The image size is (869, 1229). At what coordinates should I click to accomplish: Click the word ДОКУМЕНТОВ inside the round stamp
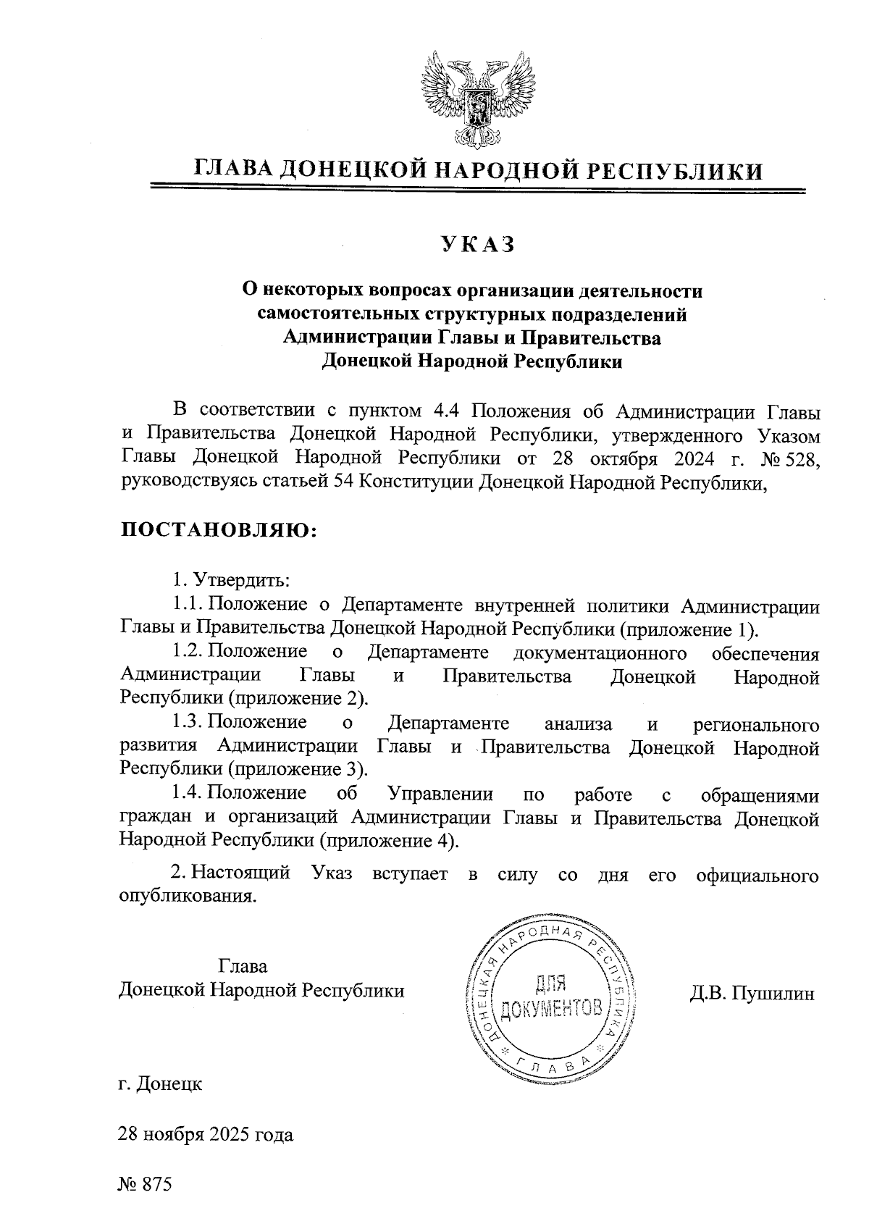(x=550, y=1007)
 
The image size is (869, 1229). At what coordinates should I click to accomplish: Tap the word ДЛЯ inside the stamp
(x=550, y=983)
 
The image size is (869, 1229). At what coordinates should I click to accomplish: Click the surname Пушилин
(x=773, y=993)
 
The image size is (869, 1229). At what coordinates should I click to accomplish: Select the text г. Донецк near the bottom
(x=160, y=1084)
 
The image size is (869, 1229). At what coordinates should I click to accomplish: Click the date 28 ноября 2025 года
(x=206, y=1134)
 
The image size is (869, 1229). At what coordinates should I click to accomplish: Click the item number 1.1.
(x=188, y=605)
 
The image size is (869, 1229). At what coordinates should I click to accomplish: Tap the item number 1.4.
(x=188, y=794)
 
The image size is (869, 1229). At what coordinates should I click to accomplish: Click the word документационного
(x=599, y=653)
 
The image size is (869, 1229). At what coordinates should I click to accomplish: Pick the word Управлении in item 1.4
(x=440, y=794)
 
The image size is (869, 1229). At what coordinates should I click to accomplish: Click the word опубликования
(x=188, y=897)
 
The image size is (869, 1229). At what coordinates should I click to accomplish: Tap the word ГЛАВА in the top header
(x=232, y=170)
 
